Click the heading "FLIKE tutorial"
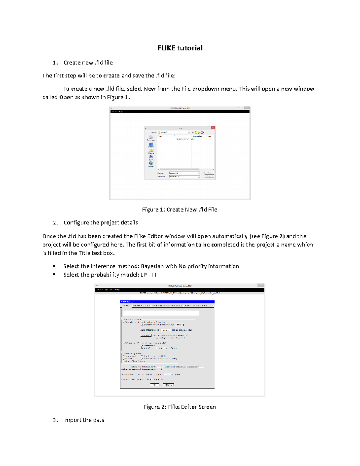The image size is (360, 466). point(180,48)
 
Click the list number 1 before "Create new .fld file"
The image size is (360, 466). point(55,63)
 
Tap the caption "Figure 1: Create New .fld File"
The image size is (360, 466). point(180,209)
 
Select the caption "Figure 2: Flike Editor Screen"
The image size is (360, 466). point(180,407)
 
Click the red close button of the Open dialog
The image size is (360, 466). point(213,128)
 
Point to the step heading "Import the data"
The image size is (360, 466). point(84,420)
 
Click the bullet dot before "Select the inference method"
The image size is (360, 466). point(54,266)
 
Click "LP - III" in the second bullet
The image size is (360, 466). point(148,275)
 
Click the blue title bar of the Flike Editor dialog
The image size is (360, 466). point(167,302)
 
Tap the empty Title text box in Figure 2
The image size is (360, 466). point(161,313)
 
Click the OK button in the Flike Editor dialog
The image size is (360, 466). point(154,385)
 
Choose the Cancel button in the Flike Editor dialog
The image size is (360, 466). point(168,385)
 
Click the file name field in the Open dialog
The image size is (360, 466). point(184,173)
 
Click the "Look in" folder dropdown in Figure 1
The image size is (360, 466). point(174,132)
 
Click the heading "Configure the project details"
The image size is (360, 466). point(100,223)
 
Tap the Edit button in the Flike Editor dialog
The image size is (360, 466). point(179,325)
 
